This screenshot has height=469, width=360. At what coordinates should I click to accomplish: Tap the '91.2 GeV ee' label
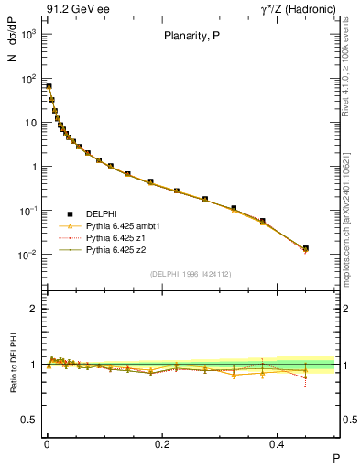[72, 10]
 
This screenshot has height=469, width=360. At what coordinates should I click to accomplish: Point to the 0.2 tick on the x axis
[162, 443]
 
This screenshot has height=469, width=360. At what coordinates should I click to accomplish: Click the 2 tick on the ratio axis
[33, 309]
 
